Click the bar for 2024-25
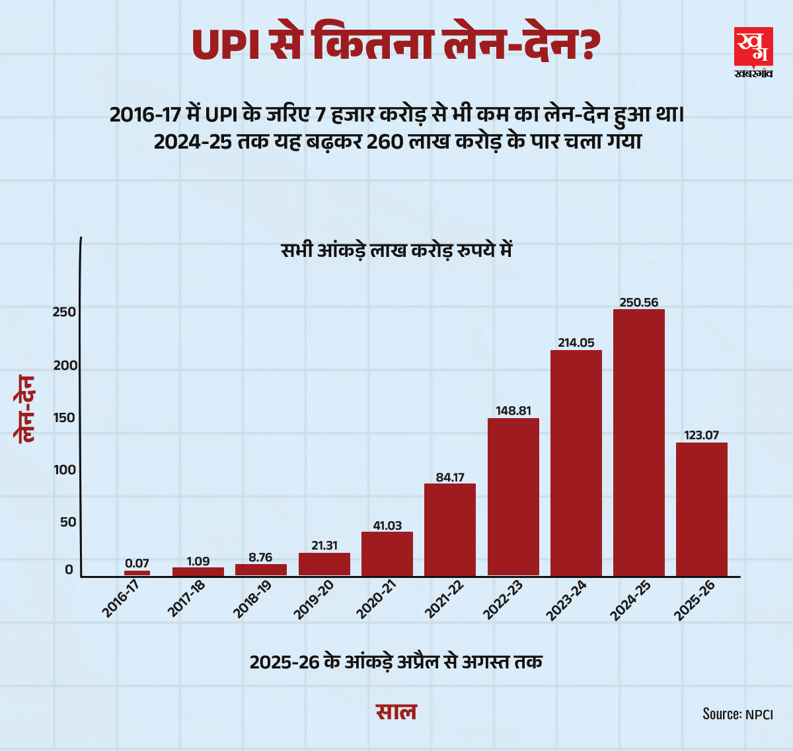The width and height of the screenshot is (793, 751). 638,443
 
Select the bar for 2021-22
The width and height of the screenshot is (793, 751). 449,530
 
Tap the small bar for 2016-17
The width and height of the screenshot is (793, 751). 137,573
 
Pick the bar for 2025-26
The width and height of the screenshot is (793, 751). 701,509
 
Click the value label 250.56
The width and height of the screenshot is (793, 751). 638,303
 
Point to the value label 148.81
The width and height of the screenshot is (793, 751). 513,411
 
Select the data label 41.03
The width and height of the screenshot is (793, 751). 387,526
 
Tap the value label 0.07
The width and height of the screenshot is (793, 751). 137,563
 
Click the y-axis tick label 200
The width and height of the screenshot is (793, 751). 65,365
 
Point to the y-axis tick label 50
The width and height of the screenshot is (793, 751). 68,522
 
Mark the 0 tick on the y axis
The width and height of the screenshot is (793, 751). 69,569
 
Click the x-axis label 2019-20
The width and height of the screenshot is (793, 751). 313,600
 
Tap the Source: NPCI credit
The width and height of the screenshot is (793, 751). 737,714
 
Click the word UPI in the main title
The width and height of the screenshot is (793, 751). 225,45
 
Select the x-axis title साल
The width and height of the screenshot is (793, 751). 397,712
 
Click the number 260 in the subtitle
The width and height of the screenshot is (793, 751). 385,142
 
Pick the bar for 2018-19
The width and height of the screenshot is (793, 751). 261,569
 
